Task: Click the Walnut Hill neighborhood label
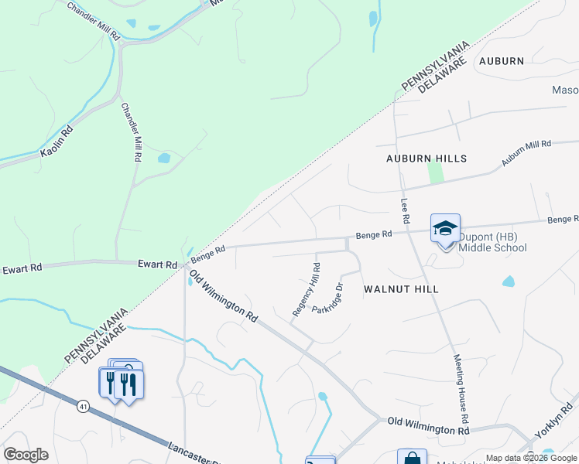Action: coord(401,289)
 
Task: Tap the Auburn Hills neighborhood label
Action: coord(427,159)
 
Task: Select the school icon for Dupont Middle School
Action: coord(445,229)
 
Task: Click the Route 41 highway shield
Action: coord(82,405)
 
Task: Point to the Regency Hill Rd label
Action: coord(307,289)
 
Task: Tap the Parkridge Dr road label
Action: coord(327,299)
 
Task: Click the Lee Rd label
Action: coord(404,210)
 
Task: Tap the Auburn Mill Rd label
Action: coord(526,152)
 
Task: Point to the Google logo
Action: coord(26,455)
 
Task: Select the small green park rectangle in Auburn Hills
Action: coord(436,173)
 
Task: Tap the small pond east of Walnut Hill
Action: coord(508,281)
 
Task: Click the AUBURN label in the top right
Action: coord(501,61)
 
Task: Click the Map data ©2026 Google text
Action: coord(530,458)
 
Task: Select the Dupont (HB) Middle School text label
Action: coord(492,242)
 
